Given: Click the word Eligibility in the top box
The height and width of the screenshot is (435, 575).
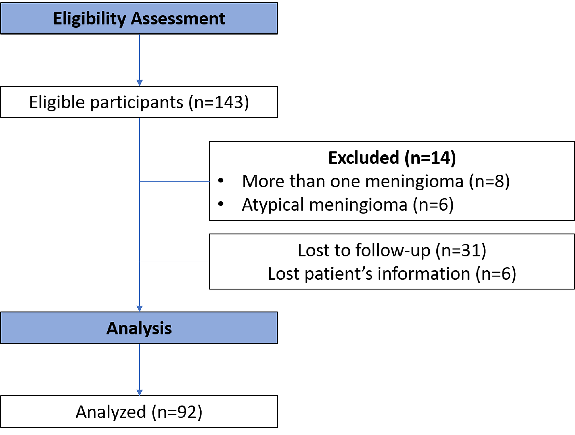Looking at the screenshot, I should [89, 19].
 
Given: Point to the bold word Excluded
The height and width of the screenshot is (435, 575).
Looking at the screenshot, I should [364, 158].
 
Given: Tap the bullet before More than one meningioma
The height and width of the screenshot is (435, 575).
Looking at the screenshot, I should [221, 181].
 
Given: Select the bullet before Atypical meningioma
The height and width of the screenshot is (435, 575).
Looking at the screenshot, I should [221, 204].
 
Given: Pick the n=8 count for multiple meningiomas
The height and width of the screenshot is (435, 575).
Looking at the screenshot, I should [489, 182].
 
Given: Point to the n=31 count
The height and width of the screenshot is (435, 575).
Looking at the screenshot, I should [461, 251].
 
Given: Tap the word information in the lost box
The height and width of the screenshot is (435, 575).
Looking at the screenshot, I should [424, 274].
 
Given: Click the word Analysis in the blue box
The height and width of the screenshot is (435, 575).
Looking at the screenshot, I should [139, 329].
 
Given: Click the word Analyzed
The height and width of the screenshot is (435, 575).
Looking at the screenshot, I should [111, 412].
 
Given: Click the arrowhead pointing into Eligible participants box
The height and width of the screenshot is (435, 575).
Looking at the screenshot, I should [140, 83].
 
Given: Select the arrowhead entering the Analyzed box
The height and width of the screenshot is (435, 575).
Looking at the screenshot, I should [140, 392].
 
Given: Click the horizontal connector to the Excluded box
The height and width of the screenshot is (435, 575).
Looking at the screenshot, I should [174, 181].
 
